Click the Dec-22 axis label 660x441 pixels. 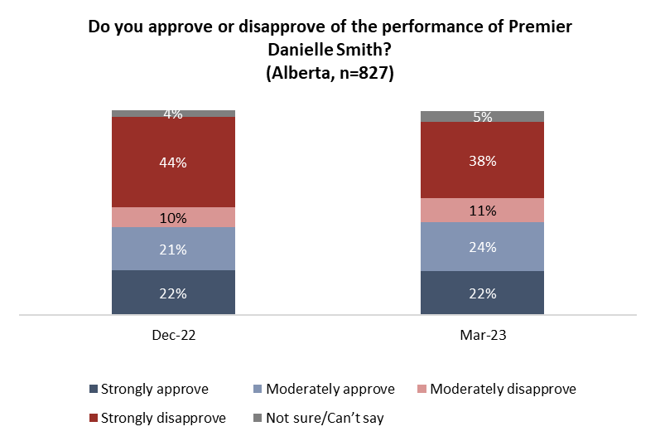point(174,337)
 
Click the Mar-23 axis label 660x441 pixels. point(483,337)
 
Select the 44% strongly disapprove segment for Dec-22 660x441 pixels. point(174,162)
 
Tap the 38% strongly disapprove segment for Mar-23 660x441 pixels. point(483,161)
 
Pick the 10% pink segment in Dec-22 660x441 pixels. point(174,218)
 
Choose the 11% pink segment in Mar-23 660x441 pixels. point(483,211)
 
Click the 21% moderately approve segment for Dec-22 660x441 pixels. point(174,250)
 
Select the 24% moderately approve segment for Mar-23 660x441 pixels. point(483,247)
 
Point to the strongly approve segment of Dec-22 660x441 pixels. point(174,293)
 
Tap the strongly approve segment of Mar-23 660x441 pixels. point(483,293)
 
